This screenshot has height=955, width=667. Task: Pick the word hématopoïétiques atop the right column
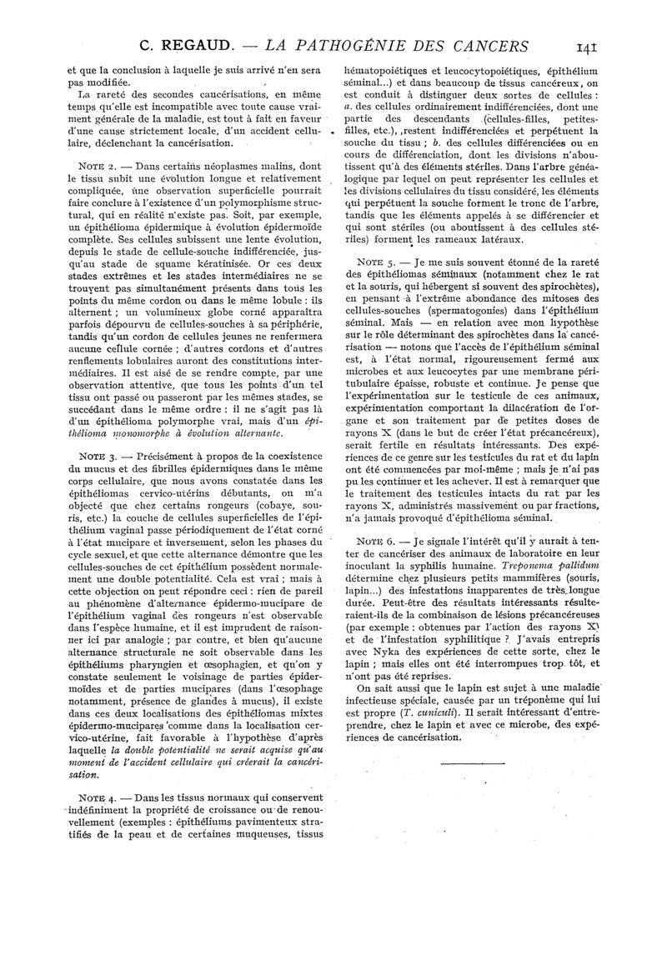(x=392, y=72)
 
